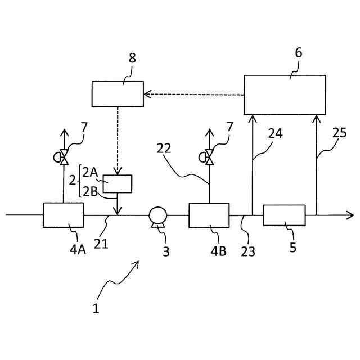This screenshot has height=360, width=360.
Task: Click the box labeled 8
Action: [118, 94]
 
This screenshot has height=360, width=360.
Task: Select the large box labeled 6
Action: [285, 94]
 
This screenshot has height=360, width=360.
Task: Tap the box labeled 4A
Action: [63, 215]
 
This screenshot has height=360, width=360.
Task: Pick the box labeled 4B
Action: [209, 215]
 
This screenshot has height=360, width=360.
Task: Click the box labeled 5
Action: [284, 215]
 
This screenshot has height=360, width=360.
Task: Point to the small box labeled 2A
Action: [118, 183]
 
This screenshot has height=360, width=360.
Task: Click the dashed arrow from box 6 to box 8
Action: [194, 94]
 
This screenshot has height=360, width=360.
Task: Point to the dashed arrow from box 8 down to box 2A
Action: [118, 141]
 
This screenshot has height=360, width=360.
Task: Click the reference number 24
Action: [275, 133]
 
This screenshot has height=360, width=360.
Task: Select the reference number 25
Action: [339, 134]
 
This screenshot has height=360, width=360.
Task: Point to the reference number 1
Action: [95, 308]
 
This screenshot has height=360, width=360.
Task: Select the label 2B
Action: [91, 191]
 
